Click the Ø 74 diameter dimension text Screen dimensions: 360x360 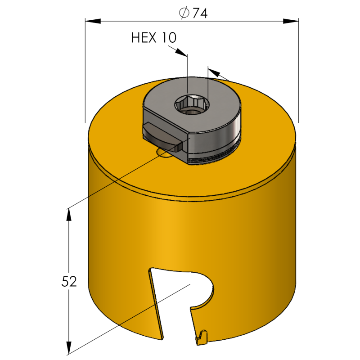coord(192,14)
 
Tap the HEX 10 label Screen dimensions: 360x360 coord(153,38)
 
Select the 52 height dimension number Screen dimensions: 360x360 coord(68,281)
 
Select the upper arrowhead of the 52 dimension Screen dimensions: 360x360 coord(69,214)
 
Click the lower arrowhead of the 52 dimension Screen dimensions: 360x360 coord(69,348)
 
